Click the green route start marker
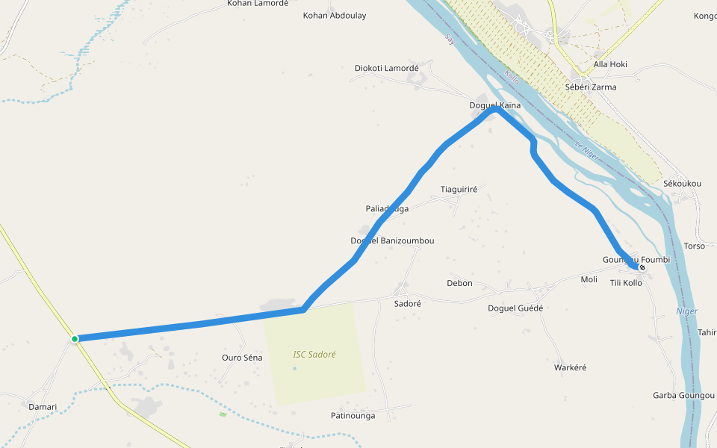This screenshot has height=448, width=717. (x=75, y=339)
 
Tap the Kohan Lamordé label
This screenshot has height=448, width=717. (x=258, y=4)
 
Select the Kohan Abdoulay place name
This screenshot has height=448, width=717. (x=335, y=16)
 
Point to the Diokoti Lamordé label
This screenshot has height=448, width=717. (x=387, y=69)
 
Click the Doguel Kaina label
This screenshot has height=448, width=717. (x=494, y=106)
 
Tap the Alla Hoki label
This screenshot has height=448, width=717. (x=610, y=64)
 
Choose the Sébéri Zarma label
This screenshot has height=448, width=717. (x=591, y=87)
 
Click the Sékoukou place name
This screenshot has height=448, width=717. (x=682, y=184)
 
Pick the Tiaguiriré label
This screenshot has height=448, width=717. (x=459, y=190)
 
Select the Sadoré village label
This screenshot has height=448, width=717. (x=407, y=304)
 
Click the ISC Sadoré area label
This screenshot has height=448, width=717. (x=314, y=355)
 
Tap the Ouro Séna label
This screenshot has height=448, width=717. (x=242, y=358)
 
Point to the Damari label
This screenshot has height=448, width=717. (x=43, y=407)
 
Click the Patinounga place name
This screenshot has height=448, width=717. (x=353, y=415)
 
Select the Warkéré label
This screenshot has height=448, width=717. (x=571, y=367)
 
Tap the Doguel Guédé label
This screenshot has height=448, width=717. (x=515, y=308)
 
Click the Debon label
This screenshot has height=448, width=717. (x=459, y=284)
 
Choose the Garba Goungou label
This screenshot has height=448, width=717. (x=683, y=395)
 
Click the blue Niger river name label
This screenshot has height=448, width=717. (x=686, y=311)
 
